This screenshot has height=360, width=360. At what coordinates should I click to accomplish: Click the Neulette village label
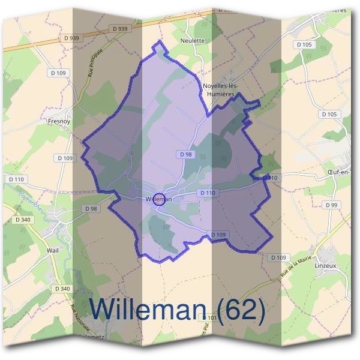click(193, 41)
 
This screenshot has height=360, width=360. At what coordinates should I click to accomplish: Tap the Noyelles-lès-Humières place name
click(221, 90)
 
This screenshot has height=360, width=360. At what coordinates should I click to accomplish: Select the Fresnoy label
click(59, 121)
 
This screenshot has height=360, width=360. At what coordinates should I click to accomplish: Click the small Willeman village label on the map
click(158, 199)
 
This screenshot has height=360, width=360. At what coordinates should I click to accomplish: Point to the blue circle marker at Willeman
click(159, 199)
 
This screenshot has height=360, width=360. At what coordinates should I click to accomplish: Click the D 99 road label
click(332, 205)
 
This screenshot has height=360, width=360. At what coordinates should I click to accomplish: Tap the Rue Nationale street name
click(80, 319)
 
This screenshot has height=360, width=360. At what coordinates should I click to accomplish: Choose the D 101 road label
click(211, 316)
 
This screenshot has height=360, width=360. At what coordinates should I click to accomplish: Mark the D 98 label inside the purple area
click(185, 154)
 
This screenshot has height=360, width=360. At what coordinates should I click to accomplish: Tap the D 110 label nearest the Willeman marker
click(206, 193)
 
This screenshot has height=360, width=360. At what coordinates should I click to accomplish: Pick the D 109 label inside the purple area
click(218, 234)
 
